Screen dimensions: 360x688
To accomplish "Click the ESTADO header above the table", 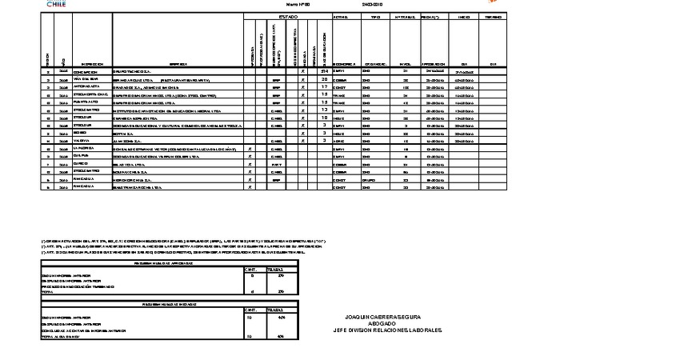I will click(288, 17).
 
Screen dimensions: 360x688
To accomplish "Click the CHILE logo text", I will click(56, 4).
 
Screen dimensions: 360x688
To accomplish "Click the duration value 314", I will click(324, 72).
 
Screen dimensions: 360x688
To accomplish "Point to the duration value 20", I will click(324, 79).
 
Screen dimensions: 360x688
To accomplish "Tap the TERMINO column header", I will click(494, 17).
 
